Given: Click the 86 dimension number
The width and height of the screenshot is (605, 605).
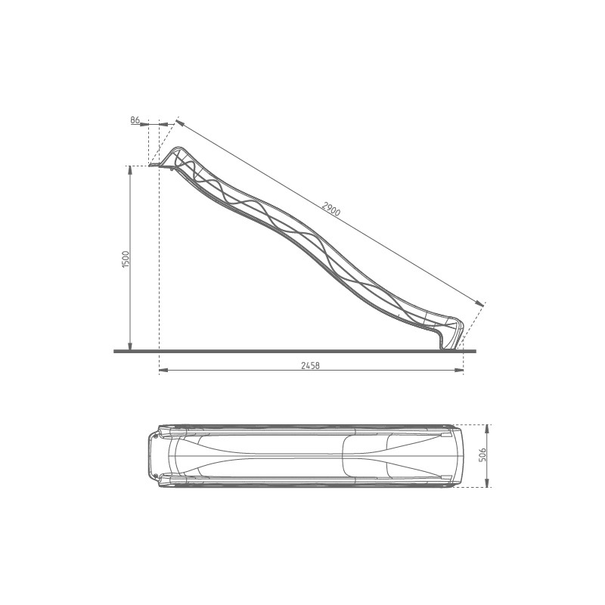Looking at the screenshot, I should click(x=135, y=120).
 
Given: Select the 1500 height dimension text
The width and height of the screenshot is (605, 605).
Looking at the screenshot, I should click(x=126, y=258).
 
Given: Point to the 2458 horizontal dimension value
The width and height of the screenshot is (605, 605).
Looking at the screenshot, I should click(x=310, y=365).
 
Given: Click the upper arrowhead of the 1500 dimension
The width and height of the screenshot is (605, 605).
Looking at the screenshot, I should click(x=131, y=169).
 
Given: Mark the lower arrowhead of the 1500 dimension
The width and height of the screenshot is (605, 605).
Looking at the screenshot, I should click(x=131, y=347).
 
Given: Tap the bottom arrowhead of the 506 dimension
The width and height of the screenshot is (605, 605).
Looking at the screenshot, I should click(x=488, y=484).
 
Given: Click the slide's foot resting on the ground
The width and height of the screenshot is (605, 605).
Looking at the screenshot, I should click(x=445, y=346).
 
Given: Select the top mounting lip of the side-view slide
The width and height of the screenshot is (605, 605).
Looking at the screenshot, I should click(x=156, y=165).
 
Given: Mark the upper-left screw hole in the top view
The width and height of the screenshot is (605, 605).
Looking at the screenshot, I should click(x=157, y=435).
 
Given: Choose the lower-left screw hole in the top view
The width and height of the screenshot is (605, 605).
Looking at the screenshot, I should click(x=157, y=476).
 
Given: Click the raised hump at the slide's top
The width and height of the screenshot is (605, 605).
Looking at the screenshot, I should click(x=180, y=151).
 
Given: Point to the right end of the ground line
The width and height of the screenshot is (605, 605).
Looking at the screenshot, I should click(x=475, y=351).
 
